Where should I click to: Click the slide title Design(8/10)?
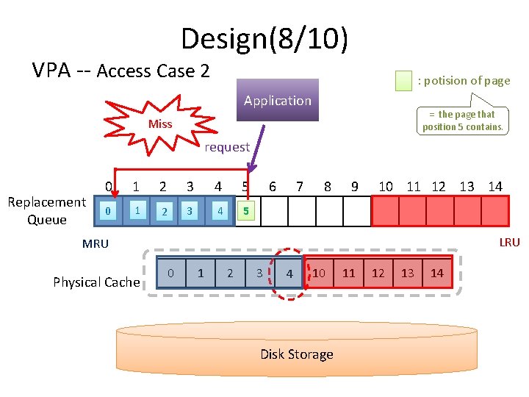pyautogui.click(x=264, y=38)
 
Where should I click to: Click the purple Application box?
pyautogui.click(x=277, y=100)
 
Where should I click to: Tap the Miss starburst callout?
pyautogui.click(x=159, y=124)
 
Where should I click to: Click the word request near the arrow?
pyautogui.click(x=227, y=147)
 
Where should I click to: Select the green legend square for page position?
pyautogui.click(x=403, y=81)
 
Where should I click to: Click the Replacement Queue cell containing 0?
pyautogui.click(x=109, y=212)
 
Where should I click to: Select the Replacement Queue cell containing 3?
pyautogui.click(x=190, y=212)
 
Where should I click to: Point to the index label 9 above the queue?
pyautogui.click(x=355, y=187)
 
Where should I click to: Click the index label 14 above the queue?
pyautogui.click(x=495, y=187)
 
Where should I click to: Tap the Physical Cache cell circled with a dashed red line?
pyautogui.click(x=289, y=273)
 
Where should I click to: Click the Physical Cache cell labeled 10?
pyautogui.click(x=319, y=273)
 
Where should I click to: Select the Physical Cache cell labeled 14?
pyautogui.click(x=437, y=273)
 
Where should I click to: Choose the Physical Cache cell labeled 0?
pyautogui.click(x=170, y=273)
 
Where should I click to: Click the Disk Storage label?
pyautogui.click(x=296, y=354)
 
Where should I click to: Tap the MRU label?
pyautogui.click(x=96, y=244)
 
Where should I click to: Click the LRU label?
pyautogui.click(x=509, y=243)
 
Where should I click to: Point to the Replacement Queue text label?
pyautogui.click(x=46, y=211)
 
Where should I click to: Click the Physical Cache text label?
pyautogui.click(x=96, y=282)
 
